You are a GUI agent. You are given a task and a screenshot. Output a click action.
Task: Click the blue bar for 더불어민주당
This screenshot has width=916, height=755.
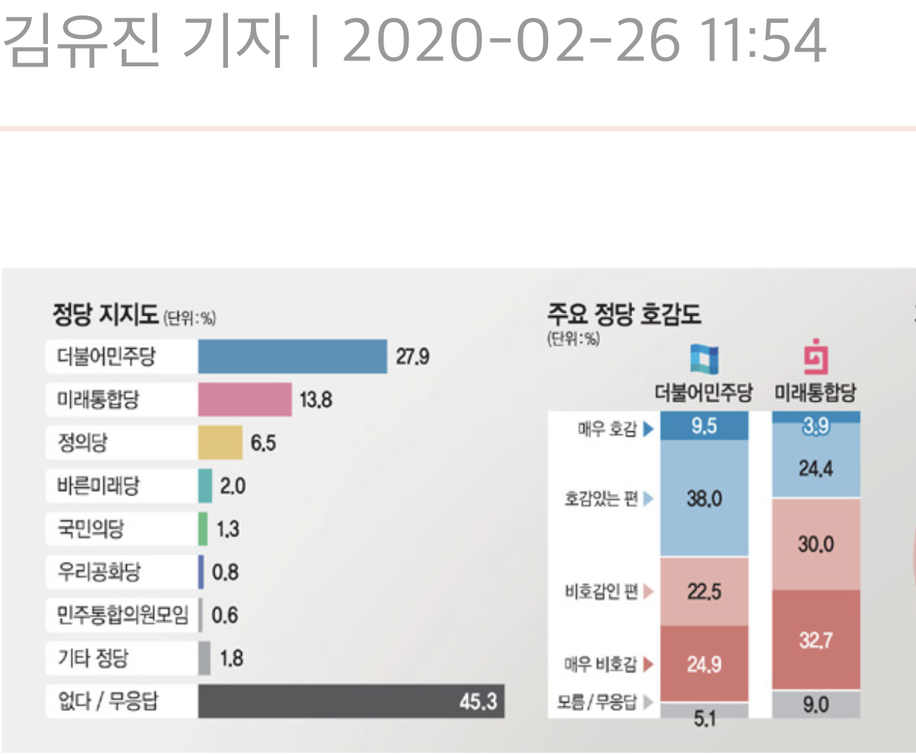tap(292, 357)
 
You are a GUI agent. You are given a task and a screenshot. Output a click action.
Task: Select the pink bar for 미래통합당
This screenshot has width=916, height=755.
tap(245, 400)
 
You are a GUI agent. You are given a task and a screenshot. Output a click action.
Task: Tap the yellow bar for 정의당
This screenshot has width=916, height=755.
tap(220, 442)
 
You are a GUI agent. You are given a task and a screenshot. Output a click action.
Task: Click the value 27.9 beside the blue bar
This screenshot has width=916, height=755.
tap(412, 358)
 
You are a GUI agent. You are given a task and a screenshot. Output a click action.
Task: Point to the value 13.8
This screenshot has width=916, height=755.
tap(316, 400)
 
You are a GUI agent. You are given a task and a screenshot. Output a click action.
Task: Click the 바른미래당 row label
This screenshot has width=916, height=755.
tap(98, 486)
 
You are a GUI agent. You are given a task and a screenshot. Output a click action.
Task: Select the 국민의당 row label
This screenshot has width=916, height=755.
tap(91, 529)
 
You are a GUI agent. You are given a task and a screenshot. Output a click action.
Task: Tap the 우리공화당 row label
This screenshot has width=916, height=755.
tap(99, 572)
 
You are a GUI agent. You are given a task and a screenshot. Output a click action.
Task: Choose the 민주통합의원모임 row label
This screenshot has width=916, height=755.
tap(122, 615)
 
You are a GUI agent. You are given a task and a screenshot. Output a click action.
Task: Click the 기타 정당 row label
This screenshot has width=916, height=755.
tap(93, 658)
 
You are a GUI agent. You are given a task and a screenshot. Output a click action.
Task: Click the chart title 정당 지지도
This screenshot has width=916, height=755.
tap(105, 315)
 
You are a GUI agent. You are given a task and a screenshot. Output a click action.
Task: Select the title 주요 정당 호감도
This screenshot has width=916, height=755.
tap(623, 314)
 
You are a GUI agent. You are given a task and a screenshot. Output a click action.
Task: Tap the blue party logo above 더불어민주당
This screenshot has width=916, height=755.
tap(704, 359)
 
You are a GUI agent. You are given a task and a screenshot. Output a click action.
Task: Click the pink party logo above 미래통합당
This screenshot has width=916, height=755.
tap(816, 358)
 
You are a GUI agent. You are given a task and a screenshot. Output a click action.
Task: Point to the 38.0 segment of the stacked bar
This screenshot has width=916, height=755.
tap(704, 499)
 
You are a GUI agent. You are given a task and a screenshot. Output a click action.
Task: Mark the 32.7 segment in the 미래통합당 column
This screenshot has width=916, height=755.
tap(816, 640)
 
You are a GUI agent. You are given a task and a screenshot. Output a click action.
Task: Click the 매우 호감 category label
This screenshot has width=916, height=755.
tap(607, 428)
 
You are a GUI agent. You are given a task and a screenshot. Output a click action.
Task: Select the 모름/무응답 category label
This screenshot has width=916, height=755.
tap(597, 702)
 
